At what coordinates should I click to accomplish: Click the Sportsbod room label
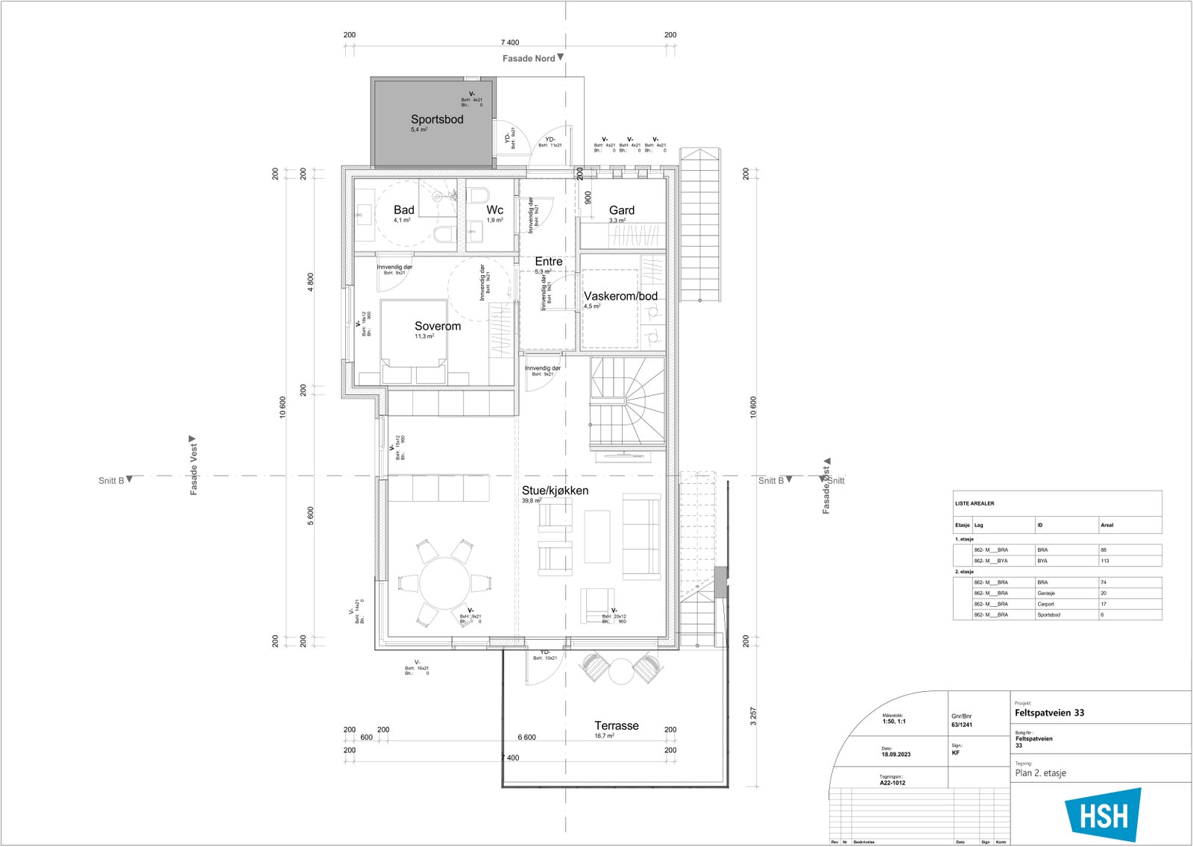tap(437, 119)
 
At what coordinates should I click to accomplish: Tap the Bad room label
tap(403, 210)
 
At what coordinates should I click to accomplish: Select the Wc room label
tap(495, 210)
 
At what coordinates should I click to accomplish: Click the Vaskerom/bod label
tap(620, 296)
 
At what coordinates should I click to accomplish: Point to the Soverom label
tap(438, 326)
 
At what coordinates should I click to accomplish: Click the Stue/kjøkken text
tap(555, 491)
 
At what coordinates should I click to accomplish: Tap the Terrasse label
tap(616, 725)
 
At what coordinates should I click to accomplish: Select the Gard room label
tap(621, 210)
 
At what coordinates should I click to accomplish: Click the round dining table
tap(444, 582)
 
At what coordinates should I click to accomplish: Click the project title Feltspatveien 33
tap(1049, 713)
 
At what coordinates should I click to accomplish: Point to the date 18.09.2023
tap(895, 755)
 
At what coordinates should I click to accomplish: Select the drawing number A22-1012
tap(893, 783)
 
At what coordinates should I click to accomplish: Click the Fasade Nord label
tap(528, 58)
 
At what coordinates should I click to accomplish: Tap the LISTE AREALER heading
tap(974, 503)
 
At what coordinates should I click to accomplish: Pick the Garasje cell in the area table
tap(1045, 593)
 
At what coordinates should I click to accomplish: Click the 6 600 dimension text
tap(526, 737)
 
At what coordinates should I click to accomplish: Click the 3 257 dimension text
tap(753, 717)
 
